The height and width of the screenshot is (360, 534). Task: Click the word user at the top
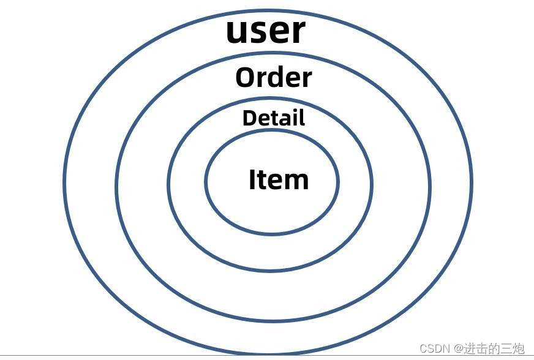[265, 31]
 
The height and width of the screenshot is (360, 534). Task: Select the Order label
[273, 78]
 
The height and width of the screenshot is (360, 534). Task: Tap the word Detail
[273, 118]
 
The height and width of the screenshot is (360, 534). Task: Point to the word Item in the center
[279, 180]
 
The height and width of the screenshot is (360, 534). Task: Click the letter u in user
[238, 33]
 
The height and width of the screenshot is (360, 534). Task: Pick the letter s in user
[259, 33]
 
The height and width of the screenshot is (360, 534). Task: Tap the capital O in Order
[246, 78]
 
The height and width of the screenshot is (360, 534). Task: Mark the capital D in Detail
[249, 118]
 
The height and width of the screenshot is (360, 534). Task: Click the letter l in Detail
[301, 117]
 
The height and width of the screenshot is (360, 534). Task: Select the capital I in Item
[252, 180]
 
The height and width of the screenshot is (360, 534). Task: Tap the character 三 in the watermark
[505, 348]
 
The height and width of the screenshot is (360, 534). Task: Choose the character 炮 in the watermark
[518, 348]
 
